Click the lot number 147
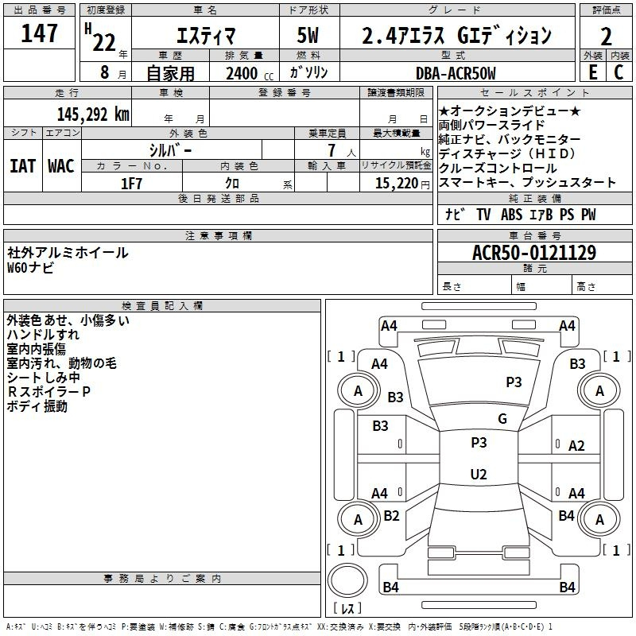pyautogui.click(x=40, y=35)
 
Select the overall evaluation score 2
pyautogui.click(x=607, y=37)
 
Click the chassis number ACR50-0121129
pyautogui.click(x=534, y=253)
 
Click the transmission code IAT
pyautogui.click(x=22, y=165)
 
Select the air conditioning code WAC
pyautogui.click(x=60, y=165)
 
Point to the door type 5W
pyautogui.click(x=309, y=37)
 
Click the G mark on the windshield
pyautogui.click(x=502, y=419)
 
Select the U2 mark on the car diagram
pyautogui.click(x=479, y=475)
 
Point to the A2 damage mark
pyautogui.click(x=577, y=446)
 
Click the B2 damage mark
pyautogui.click(x=391, y=516)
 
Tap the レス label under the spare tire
pyautogui.click(x=347, y=609)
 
